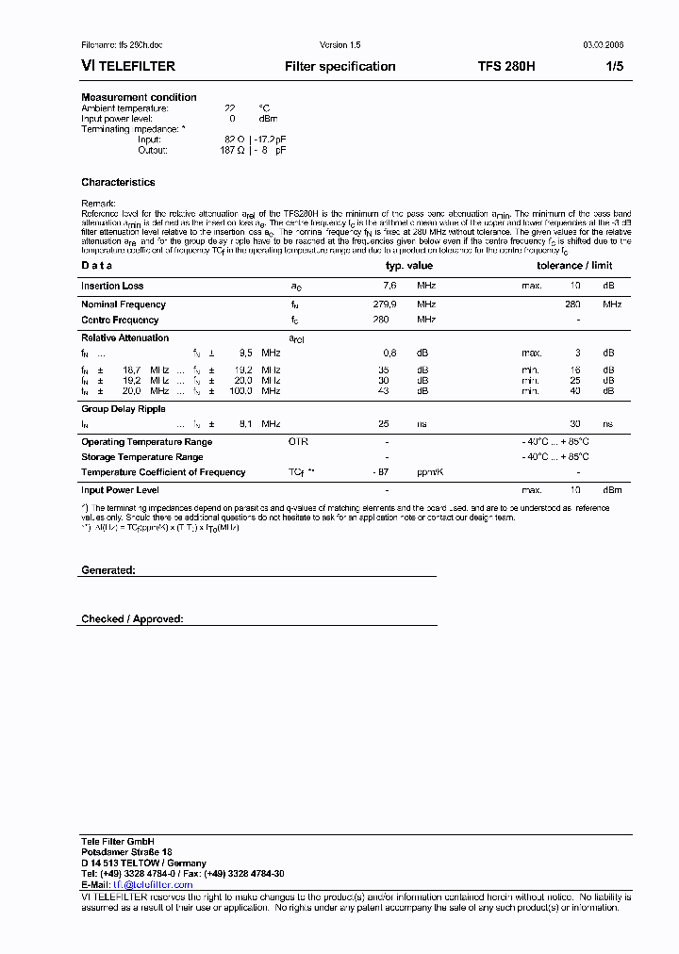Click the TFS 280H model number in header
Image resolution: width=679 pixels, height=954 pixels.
coord(506,67)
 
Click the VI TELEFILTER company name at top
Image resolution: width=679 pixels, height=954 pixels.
coord(125,67)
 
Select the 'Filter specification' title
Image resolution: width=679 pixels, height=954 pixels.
coord(339,67)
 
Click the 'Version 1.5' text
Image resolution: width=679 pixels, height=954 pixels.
coord(340,45)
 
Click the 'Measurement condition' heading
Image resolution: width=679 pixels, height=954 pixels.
coord(139,97)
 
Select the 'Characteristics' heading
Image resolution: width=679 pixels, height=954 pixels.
coord(118,182)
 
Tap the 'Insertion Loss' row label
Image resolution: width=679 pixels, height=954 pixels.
coord(112,286)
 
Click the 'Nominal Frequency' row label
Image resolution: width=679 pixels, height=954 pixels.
coord(124,304)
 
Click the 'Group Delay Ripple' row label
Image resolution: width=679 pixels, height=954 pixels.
coord(124,409)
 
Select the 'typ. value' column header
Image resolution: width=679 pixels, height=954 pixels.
coord(408,266)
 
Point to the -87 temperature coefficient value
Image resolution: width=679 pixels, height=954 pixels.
coord(381,472)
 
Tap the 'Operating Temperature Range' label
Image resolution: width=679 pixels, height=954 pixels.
coord(146,442)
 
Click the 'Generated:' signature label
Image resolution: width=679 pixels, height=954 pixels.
coord(108,570)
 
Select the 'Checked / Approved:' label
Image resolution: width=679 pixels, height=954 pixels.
coord(132,619)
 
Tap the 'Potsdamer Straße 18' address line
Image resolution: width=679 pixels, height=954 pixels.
coord(126,851)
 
